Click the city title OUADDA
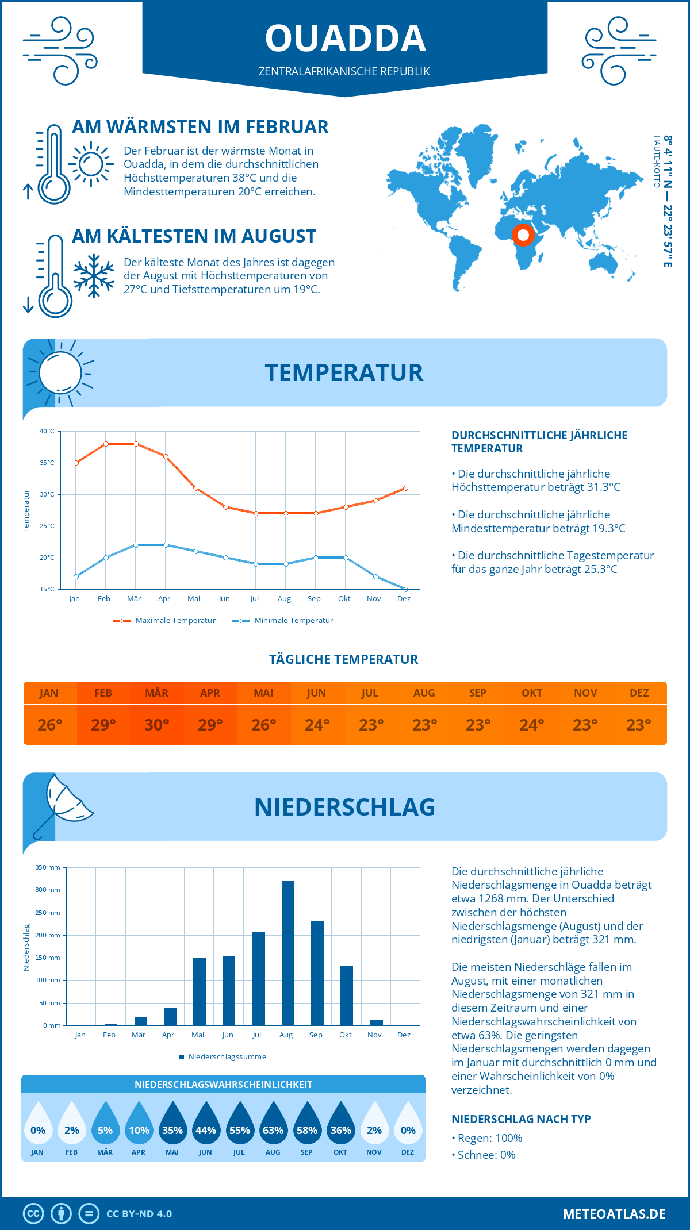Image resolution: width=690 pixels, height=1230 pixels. [x=345, y=39]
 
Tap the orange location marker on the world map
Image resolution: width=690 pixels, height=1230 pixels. [x=523, y=235]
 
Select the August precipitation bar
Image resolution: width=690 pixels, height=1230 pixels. [x=287, y=953]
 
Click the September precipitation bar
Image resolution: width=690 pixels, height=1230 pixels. [x=317, y=973]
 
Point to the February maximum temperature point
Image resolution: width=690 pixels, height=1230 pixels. [x=106, y=444]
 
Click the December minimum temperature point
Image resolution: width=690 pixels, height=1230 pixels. [x=405, y=589]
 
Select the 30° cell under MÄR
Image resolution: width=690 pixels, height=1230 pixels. [x=156, y=725]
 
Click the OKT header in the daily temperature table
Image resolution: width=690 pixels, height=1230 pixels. [x=531, y=693]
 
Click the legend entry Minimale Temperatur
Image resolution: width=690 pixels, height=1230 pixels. [x=293, y=621]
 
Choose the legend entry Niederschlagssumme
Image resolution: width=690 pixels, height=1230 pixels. [x=227, y=1057]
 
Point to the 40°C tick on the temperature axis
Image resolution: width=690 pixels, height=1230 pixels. [x=47, y=431]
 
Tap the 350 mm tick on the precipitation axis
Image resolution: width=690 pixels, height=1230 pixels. [x=48, y=867]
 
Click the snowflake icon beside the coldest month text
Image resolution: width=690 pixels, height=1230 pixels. [x=94, y=275]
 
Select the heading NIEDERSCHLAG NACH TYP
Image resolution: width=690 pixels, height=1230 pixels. [x=521, y=1119]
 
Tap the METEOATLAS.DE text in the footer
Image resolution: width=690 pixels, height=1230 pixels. [x=614, y=1214]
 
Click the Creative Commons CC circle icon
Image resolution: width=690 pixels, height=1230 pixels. [x=33, y=1214]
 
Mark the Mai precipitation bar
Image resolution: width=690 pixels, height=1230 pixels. [x=199, y=991]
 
